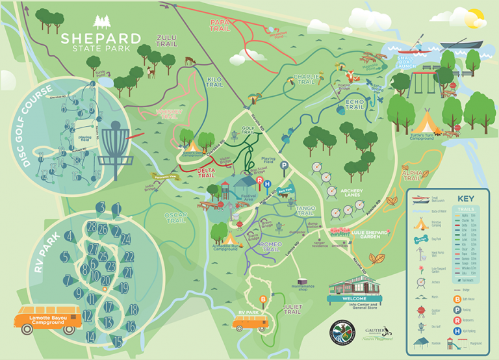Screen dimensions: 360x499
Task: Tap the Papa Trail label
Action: click(221, 25)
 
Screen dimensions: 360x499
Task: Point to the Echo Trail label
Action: click(355, 103)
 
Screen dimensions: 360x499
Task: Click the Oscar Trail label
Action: click(176, 217)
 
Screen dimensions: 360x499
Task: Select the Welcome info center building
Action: click(355, 286)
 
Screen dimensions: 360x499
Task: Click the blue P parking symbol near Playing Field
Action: click(284, 166)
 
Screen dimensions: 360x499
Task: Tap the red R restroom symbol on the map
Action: click(260, 182)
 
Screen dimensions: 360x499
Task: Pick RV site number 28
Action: click(92, 227)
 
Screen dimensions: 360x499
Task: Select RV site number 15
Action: click(117, 340)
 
